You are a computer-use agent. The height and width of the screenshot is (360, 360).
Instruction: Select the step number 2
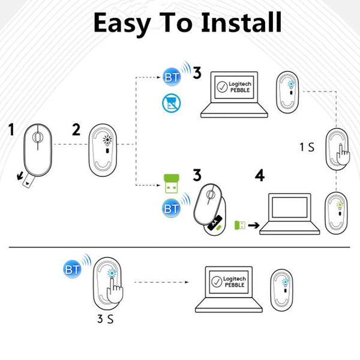tap(76, 130)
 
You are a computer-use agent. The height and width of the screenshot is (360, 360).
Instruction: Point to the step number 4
tap(259, 176)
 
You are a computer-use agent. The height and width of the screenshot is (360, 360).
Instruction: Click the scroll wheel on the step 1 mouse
tap(38, 137)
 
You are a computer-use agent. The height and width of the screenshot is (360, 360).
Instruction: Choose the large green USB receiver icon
tap(170, 184)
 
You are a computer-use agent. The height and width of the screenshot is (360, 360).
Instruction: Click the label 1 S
tap(307, 146)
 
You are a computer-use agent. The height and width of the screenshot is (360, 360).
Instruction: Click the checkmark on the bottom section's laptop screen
tap(216, 281)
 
